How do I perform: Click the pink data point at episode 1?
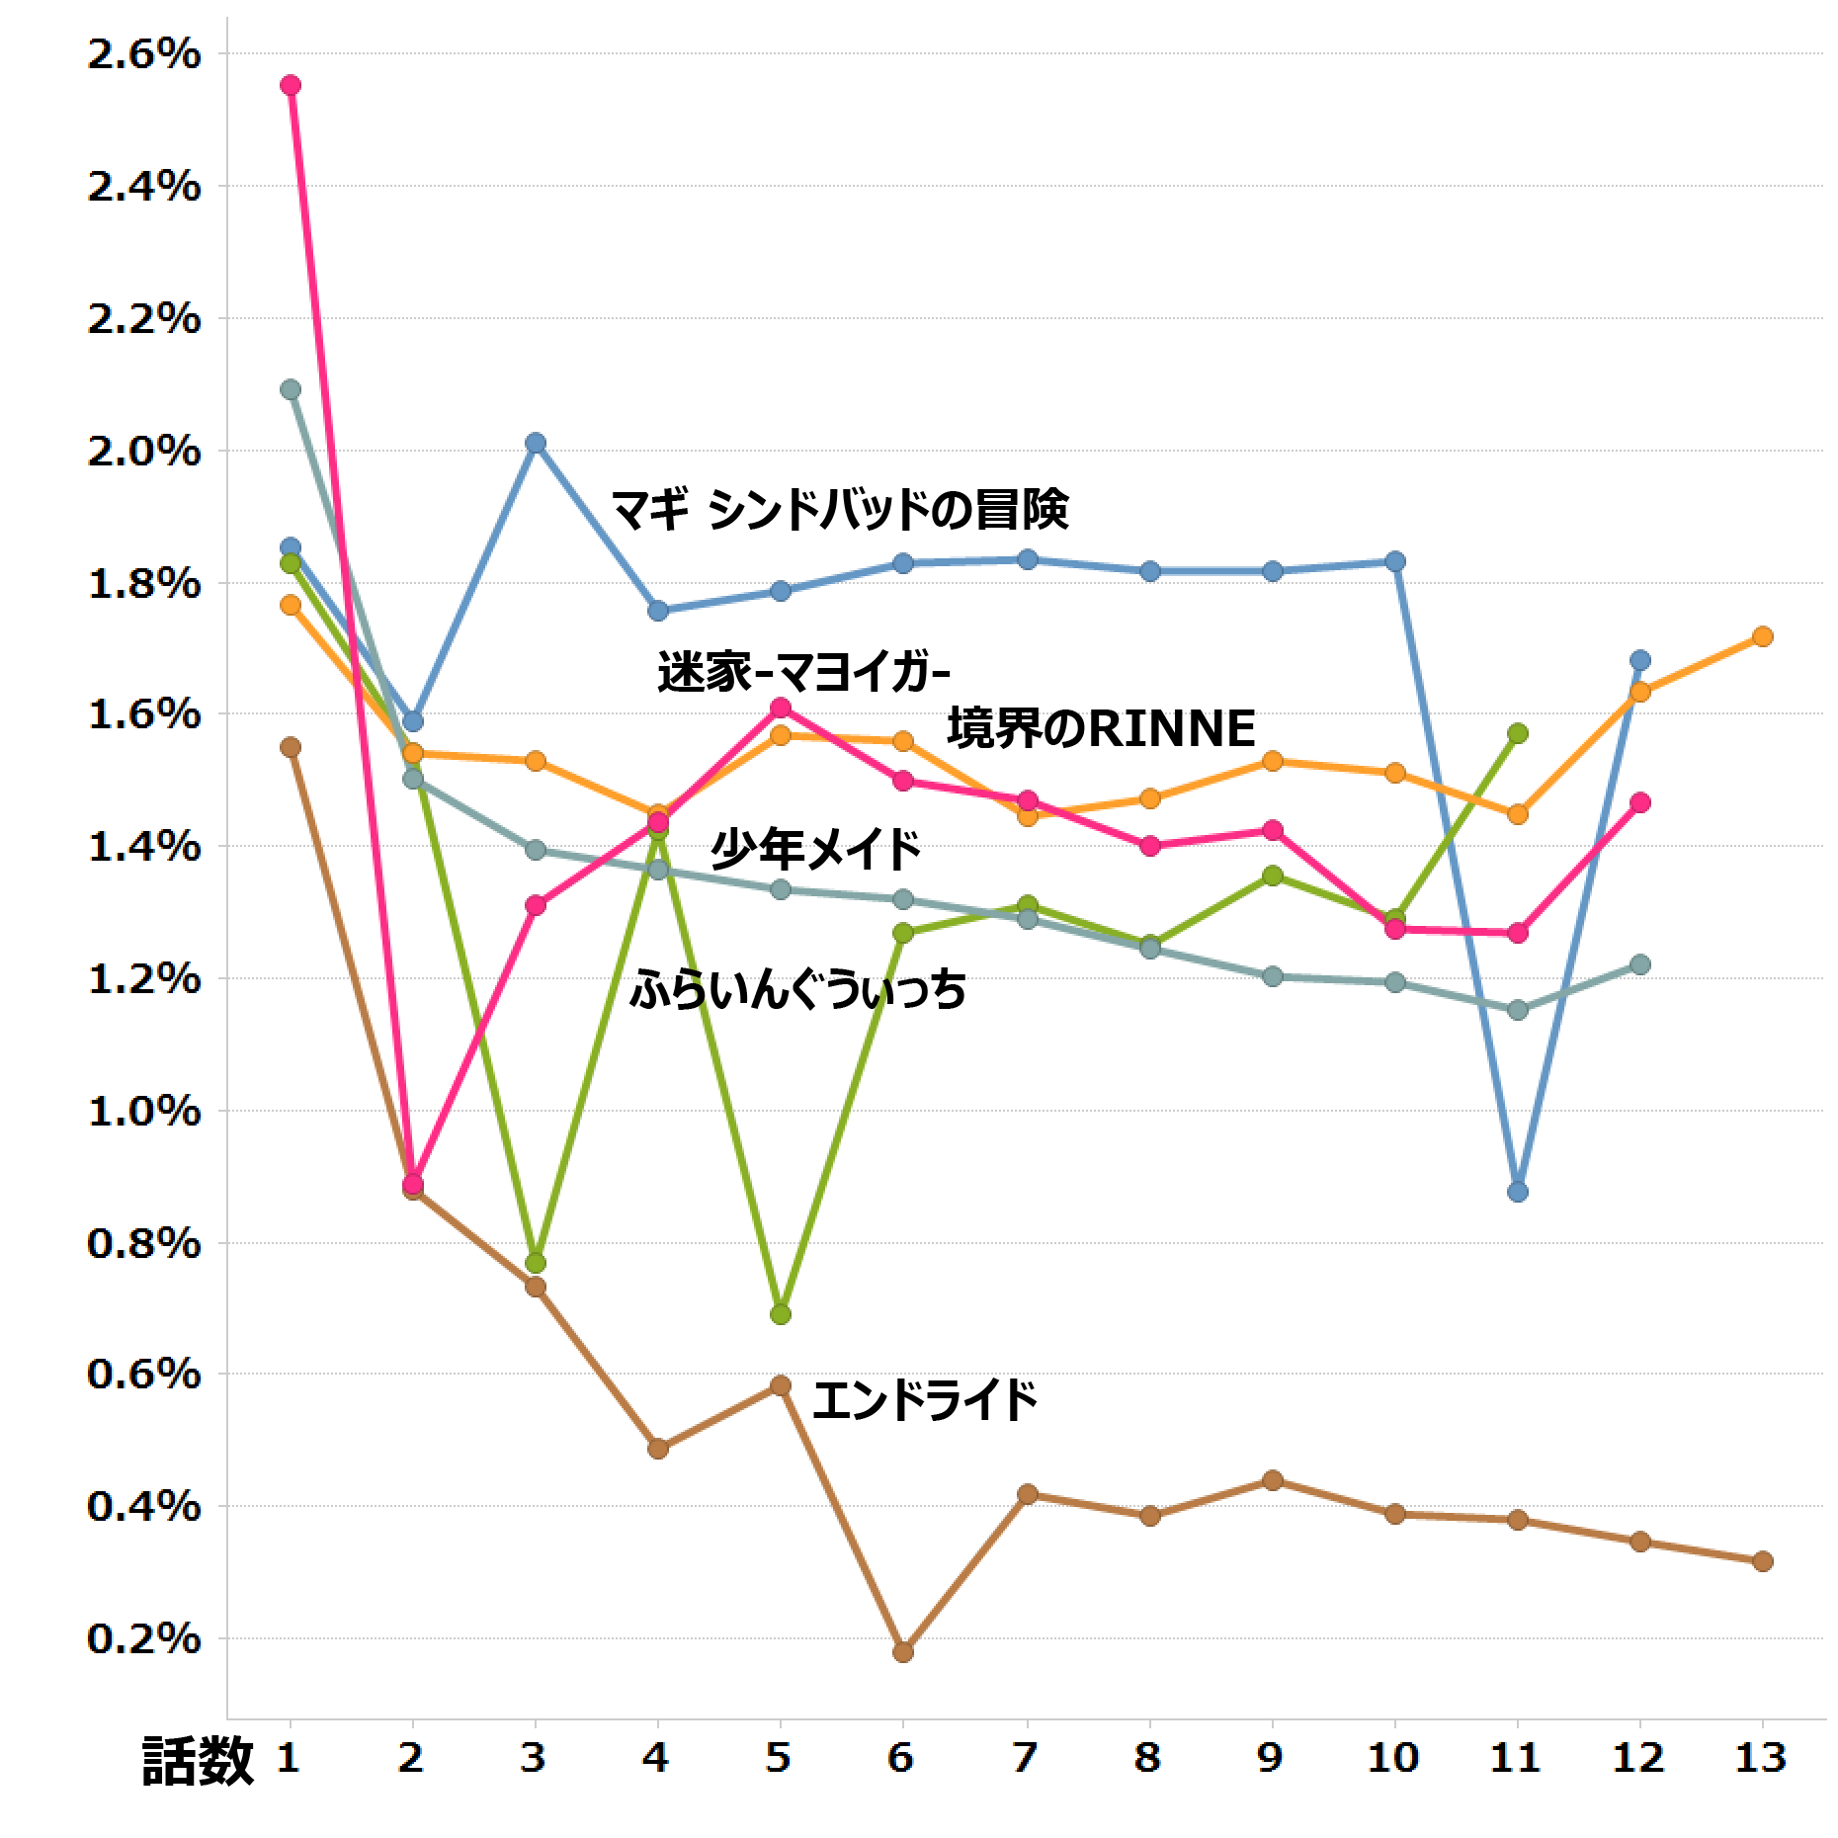pos(291,86)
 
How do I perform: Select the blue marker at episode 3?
pos(536,443)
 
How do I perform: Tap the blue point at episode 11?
pos(1518,1192)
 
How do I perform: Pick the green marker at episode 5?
pos(781,1314)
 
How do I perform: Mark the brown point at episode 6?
pos(903,1652)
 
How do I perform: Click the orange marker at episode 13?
pos(1763,636)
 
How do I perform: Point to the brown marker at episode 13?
pos(1763,1561)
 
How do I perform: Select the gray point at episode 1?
pos(291,389)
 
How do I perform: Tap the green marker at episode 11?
pos(1518,733)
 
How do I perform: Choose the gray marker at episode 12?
pos(1640,964)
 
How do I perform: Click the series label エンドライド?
pos(925,1401)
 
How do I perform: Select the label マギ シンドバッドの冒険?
pos(840,511)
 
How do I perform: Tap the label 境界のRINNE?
pos(1101,729)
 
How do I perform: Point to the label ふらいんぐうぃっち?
pos(798,989)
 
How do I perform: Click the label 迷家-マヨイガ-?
pos(803,673)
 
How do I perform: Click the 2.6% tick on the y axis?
pos(144,54)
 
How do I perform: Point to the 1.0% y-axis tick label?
pos(144,1112)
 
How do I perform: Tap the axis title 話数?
pos(198,1761)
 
